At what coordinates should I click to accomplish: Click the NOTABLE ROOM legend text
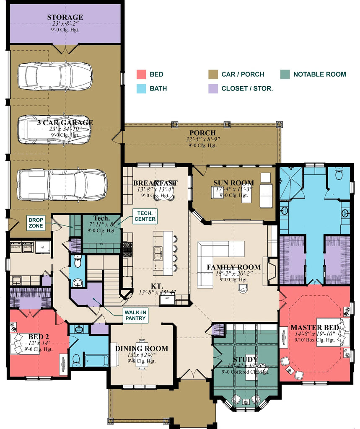[x=319, y=75]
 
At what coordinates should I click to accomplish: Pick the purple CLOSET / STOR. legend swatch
[x=213, y=88]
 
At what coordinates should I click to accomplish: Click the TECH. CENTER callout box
[x=145, y=216]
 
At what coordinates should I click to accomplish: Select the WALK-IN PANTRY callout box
[x=135, y=315]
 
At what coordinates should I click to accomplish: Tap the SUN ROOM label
[x=233, y=183]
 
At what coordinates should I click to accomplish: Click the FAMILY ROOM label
[x=233, y=267]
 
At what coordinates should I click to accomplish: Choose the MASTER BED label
[x=312, y=327]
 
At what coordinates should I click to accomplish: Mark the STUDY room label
[x=245, y=359]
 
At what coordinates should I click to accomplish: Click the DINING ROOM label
[x=142, y=349]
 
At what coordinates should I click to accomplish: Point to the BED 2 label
[x=39, y=336]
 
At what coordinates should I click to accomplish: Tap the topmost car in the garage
[x=54, y=76]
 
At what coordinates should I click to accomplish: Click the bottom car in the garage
[x=62, y=185]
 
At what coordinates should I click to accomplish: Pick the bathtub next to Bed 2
[x=96, y=361]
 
